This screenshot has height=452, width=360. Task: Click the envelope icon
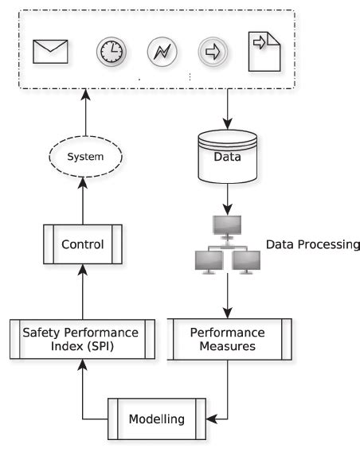point(50,52)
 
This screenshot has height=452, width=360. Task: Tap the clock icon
point(112,53)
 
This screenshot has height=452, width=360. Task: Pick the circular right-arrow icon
point(212,53)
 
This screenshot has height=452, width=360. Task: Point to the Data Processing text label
point(313,244)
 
